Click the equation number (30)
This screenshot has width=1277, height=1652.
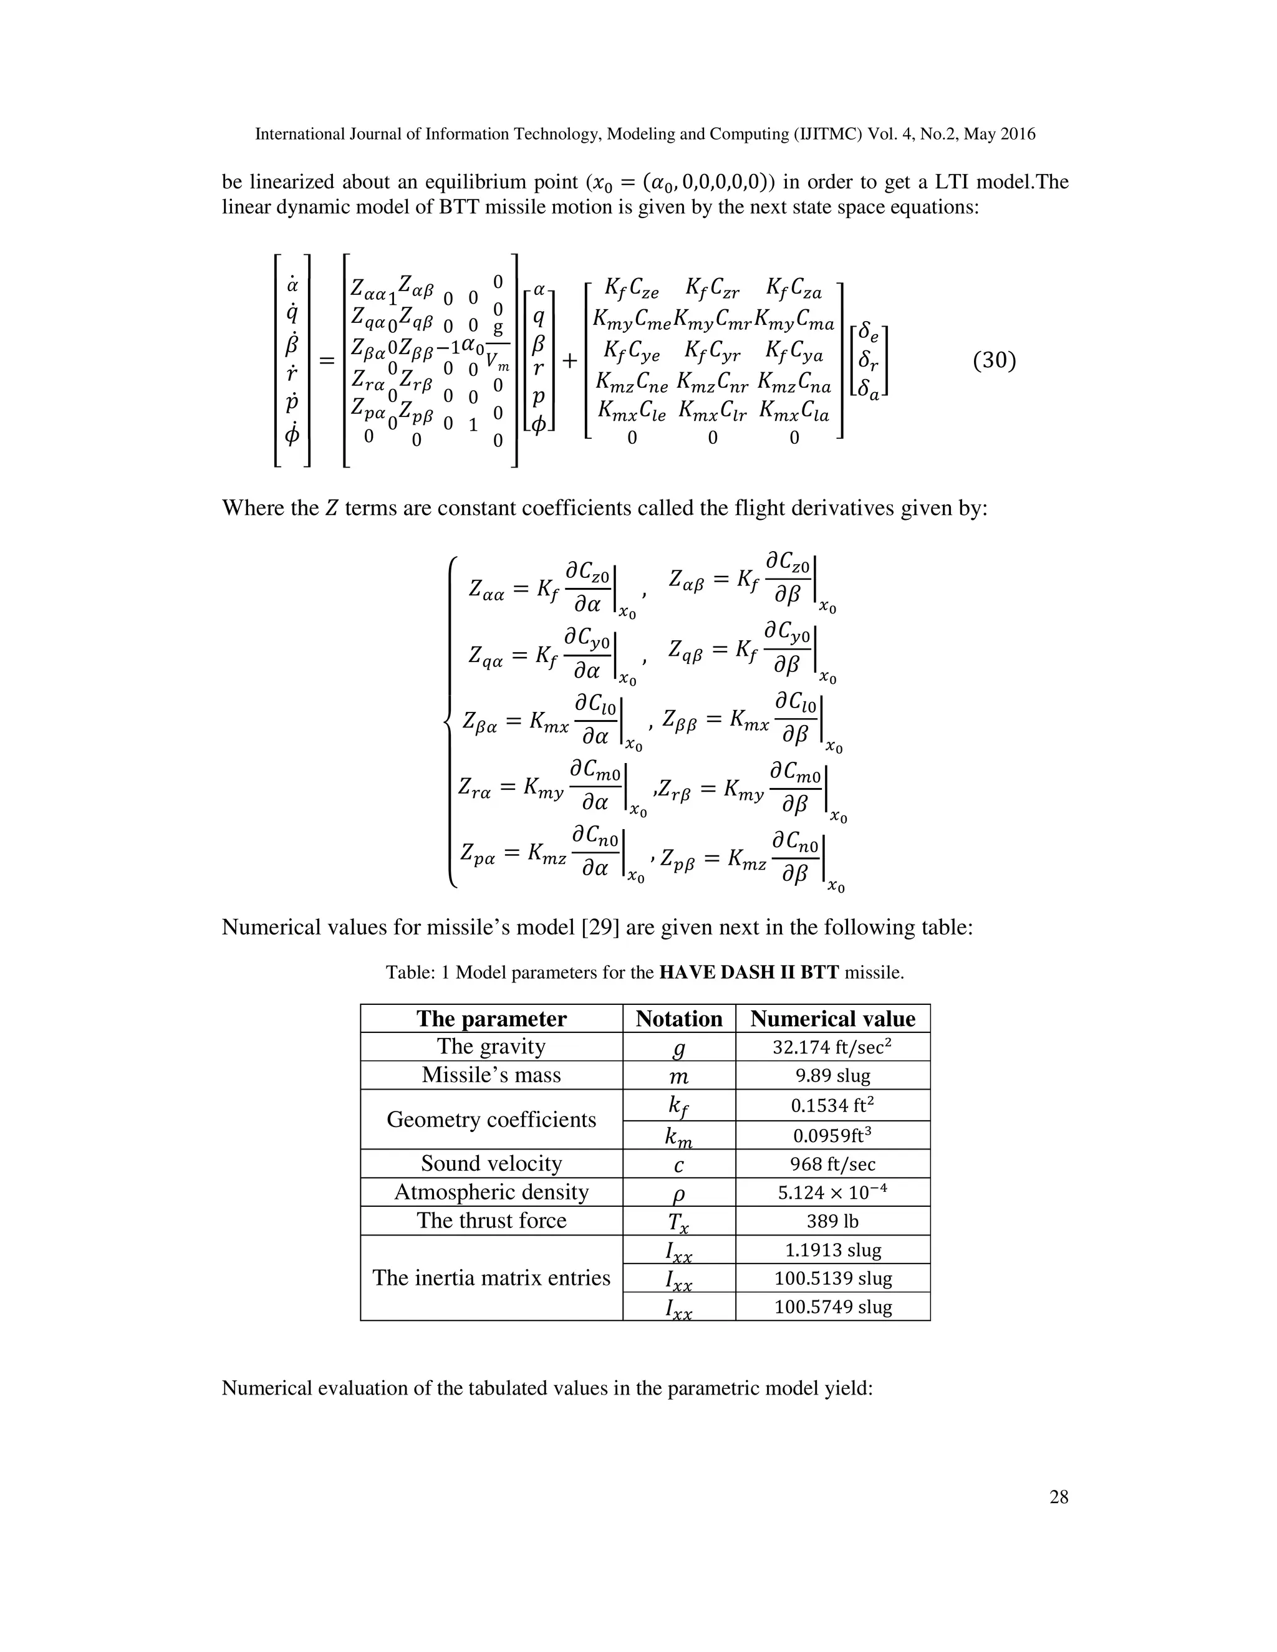(994, 361)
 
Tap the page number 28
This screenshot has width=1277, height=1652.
(1058, 1497)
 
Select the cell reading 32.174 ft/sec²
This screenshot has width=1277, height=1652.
(832, 1047)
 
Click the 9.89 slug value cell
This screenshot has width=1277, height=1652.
(832, 1075)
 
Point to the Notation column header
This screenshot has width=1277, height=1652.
(678, 1019)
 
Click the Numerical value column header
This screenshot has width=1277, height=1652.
(832, 1019)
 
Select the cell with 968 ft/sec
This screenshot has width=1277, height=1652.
(832, 1164)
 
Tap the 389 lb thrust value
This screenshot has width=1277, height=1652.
(832, 1221)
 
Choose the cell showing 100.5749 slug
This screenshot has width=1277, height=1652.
(832, 1307)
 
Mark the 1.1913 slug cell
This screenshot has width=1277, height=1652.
(832, 1249)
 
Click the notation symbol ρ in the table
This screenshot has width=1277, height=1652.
(678, 1194)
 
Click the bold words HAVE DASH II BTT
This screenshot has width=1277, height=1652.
(749, 972)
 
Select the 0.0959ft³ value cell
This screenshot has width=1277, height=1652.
(832, 1135)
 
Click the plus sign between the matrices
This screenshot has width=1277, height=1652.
(569, 361)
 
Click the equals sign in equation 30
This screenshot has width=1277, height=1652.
(326, 361)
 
